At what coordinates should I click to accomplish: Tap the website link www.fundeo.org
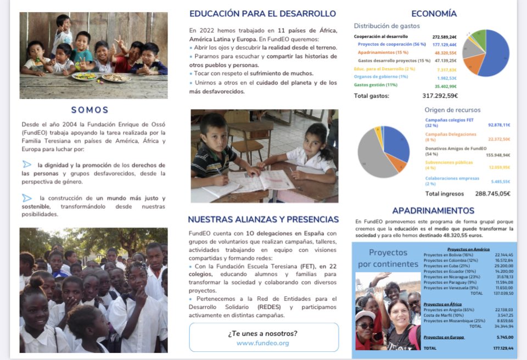coord(262,343)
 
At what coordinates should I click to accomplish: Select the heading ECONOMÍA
coord(434,14)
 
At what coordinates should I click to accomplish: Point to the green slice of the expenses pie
coord(479,38)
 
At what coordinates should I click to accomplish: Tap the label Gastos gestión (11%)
coord(375,85)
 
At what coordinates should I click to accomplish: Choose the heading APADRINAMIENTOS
coord(433,210)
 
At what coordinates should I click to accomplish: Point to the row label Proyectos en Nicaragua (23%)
coord(448,277)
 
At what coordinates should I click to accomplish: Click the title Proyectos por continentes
coord(388,258)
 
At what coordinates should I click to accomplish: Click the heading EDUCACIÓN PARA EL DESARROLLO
coord(262,14)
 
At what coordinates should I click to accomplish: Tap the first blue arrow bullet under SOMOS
coord(27,164)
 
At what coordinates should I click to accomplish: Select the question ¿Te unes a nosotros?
coord(262,333)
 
